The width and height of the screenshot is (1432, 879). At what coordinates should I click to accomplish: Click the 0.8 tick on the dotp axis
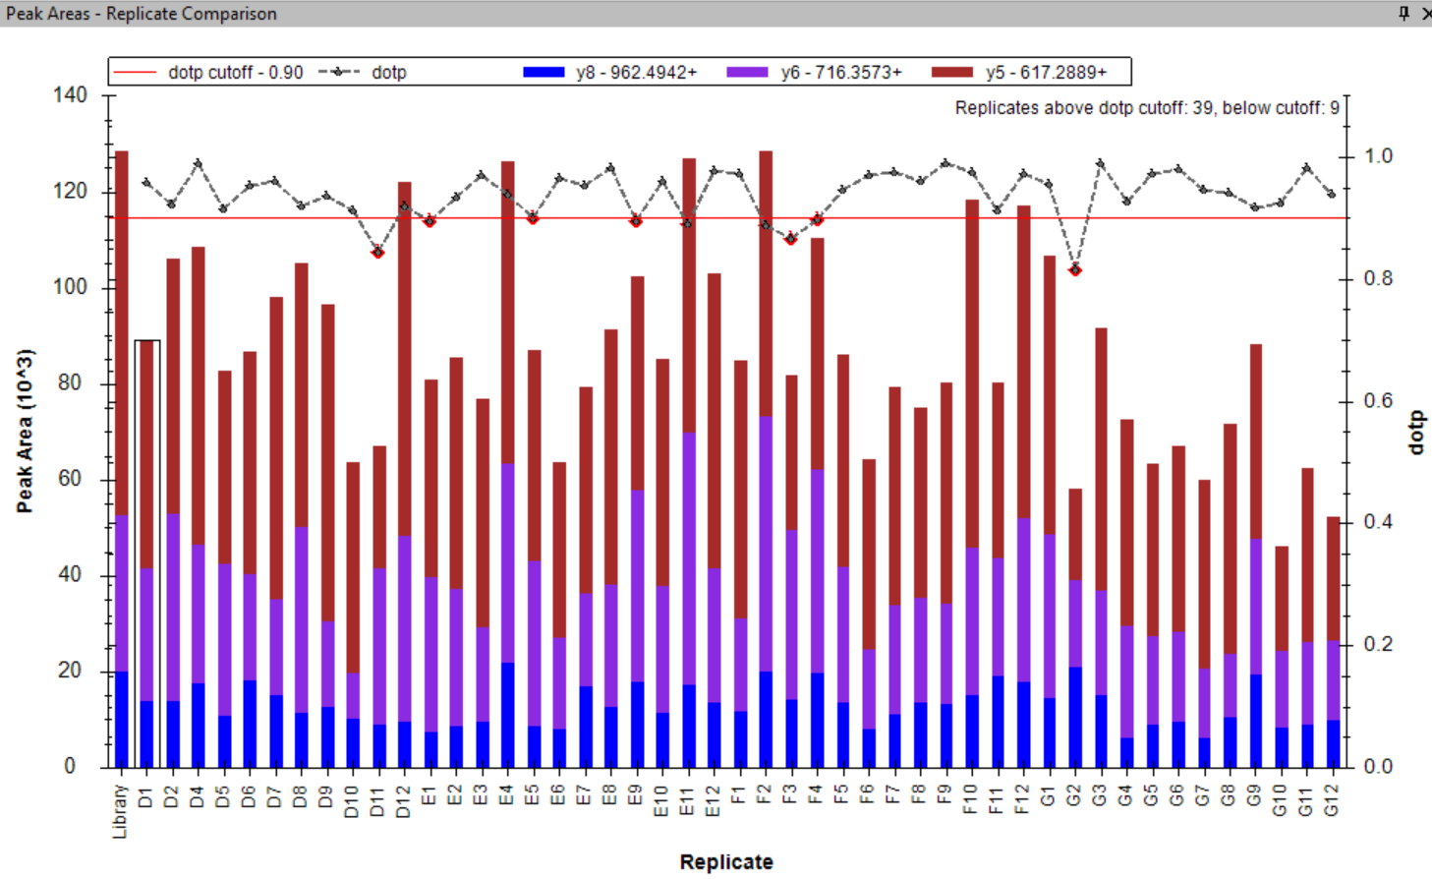tap(1379, 279)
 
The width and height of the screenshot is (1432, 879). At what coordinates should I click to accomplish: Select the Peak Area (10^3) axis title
tap(25, 431)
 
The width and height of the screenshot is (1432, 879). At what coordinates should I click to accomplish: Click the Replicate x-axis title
tap(726, 862)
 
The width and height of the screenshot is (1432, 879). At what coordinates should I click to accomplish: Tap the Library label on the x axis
tap(121, 811)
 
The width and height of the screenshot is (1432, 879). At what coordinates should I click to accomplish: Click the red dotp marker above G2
tap(1075, 269)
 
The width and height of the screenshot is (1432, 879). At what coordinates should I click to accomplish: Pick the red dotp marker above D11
tap(377, 253)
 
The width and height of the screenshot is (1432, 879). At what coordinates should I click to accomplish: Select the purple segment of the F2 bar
tap(766, 544)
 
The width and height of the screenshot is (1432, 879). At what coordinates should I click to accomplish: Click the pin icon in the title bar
tap(1403, 13)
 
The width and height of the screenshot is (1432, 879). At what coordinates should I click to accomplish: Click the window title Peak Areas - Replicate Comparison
tap(142, 14)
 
